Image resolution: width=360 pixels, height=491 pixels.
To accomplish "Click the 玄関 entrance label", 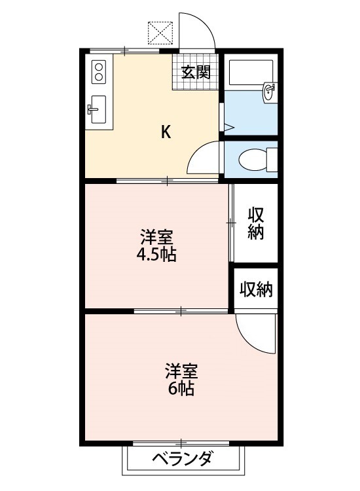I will point(196,72).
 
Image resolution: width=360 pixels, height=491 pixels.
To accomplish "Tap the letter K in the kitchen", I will point(166,132).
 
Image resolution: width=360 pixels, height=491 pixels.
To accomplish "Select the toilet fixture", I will point(255,159).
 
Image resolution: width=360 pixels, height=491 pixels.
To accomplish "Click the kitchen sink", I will point(98,109).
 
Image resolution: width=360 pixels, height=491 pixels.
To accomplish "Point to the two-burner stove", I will point(98,71).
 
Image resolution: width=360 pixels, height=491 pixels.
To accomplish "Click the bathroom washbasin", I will point(268,93).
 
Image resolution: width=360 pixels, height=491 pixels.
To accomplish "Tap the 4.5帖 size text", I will point(156,255).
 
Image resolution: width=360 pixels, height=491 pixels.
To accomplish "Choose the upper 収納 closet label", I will point(256,223).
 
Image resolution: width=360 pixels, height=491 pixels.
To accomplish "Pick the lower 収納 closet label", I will point(256,289).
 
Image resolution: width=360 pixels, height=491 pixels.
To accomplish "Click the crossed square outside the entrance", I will point(160,33).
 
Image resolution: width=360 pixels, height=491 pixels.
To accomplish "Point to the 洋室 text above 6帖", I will point(181,371).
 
